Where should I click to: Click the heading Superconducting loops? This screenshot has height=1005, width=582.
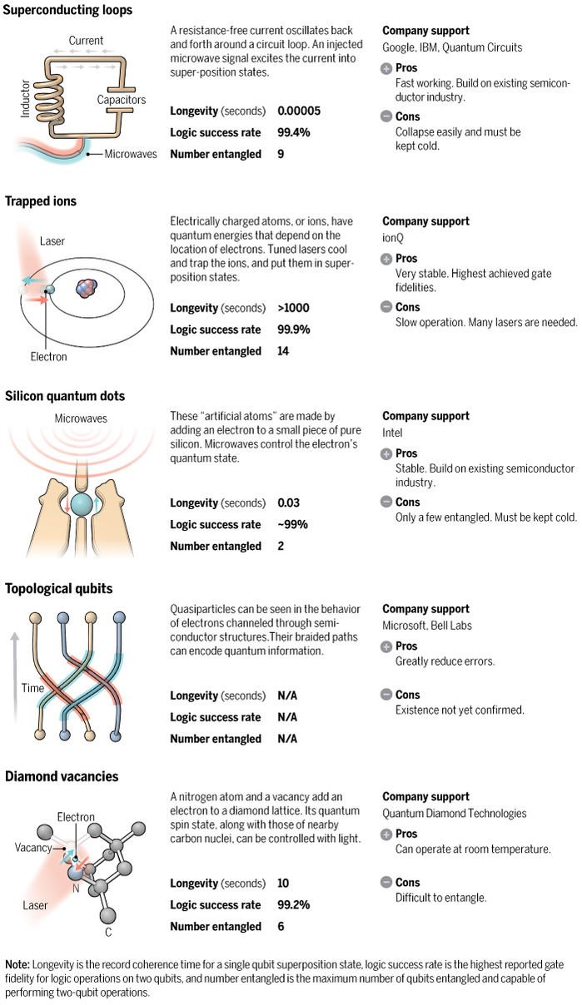pyautogui.click(x=68, y=10)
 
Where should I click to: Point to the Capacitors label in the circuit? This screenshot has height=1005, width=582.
pyautogui.click(x=121, y=100)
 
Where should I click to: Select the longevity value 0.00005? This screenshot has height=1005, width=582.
pyautogui.click(x=298, y=111)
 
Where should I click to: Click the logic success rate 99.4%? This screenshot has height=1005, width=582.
pyautogui.click(x=293, y=133)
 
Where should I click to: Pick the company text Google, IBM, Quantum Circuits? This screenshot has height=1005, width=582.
pyautogui.click(x=452, y=47)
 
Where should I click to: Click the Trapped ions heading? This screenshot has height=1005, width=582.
pyautogui.click(x=41, y=201)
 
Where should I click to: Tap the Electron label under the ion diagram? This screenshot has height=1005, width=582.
pyautogui.click(x=48, y=357)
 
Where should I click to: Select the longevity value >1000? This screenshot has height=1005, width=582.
pyautogui.click(x=293, y=308)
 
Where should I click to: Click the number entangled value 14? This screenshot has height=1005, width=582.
pyautogui.click(x=283, y=351)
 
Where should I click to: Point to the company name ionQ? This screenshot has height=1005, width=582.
pyautogui.click(x=393, y=238)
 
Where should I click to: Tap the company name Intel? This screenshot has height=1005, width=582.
pyautogui.click(x=392, y=433)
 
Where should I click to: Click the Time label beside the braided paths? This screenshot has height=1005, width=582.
pyautogui.click(x=32, y=689)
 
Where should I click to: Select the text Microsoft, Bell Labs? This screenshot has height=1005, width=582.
pyautogui.click(x=427, y=626)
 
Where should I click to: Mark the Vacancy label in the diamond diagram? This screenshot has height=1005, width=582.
pyautogui.click(x=33, y=848)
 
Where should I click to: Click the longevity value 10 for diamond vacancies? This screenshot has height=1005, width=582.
pyautogui.click(x=283, y=884)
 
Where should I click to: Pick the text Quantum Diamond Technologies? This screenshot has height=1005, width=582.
pyautogui.click(x=455, y=814)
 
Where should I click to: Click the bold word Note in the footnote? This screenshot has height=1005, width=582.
pyautogui.click(x=17, y=965)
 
